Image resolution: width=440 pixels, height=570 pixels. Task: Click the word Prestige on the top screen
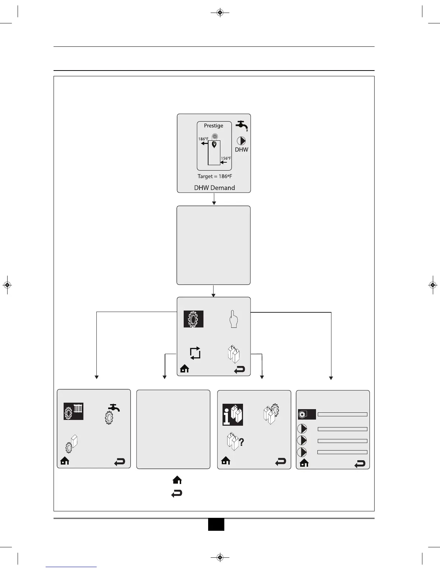pos(214,126)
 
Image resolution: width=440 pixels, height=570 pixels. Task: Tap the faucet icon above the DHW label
pos(242,126)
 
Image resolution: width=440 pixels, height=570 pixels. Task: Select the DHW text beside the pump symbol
pos(242,149)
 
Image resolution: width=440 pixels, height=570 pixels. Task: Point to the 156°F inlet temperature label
pos(226,158)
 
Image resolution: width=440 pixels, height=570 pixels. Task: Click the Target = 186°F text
pos(215,176)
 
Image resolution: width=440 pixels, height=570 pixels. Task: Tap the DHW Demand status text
pos(214,187)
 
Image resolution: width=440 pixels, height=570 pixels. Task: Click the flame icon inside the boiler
pos(214,144)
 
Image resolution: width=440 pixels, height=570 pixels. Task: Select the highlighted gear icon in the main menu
pos(193,319)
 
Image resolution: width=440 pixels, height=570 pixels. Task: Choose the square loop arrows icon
pos(195,353)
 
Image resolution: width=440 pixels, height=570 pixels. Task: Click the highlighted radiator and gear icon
pos(74,411)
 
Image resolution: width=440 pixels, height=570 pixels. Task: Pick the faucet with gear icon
pos(112,413)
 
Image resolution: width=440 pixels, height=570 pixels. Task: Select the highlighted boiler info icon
pos(233,415)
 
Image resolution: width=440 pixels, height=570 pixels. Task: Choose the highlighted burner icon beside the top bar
pos(307,415)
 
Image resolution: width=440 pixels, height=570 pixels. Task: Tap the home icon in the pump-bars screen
pos(304,463)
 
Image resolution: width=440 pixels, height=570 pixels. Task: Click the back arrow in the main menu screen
pos(239,370)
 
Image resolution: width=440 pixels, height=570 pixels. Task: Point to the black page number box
pos(216,524)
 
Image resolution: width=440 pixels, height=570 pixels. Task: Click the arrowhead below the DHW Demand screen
pos(214,203)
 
